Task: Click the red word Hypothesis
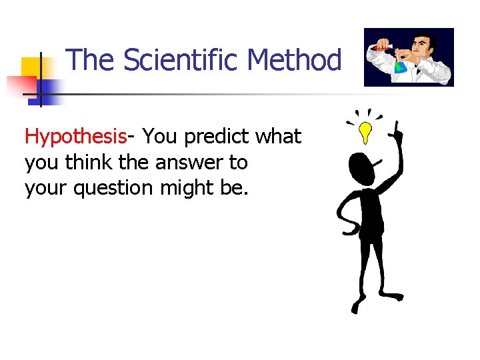(75, 137)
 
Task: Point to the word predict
(217, 137)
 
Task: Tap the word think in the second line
(85, 162)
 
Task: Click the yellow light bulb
(365, 132)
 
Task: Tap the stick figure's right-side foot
(393, 295)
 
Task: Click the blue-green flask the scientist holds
(401, 65)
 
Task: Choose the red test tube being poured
(383, 47)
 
